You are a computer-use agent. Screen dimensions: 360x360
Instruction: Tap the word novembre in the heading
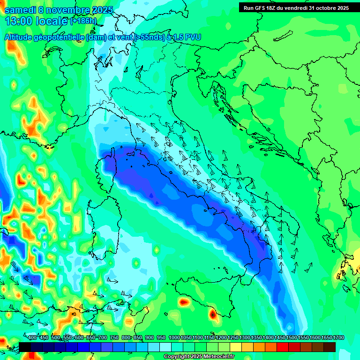pyautogui.click(x=67, y=10)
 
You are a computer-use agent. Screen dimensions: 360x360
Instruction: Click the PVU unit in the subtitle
pyautogui.click(x=193, y=37)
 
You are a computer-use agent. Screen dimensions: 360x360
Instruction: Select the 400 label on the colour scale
pyautogui.click(x=32, y=337)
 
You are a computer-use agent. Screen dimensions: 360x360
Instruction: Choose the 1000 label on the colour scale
pyautogui.click(x=174, y=337)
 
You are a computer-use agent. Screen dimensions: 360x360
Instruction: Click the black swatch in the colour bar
pyautogui.click(x=25, y=347)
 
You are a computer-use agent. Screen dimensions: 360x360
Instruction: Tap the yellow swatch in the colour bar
pyautogui.click(x=236, y=347)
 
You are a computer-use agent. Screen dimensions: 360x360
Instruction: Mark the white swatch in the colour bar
pyautogui.click(x=165, y=347)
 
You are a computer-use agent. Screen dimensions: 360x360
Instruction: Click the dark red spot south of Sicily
pyautogui.click(x=213, y=315)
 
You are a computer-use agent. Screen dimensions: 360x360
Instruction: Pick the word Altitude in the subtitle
pyautogui.click(x=22, y=37)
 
